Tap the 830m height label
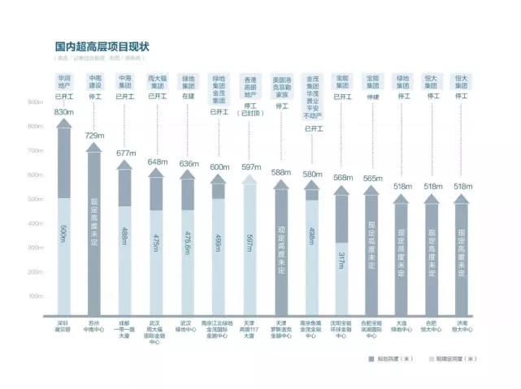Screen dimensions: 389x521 point(64,112)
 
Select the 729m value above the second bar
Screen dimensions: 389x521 point(94,136)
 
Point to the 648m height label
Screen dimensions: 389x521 point(156,162)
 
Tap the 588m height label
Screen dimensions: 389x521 point(281,172)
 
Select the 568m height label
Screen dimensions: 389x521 point(342,178)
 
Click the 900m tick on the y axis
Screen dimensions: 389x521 point(35,103)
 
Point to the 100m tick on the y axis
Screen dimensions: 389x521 point(35,296)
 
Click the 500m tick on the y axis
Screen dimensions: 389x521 point(35,200)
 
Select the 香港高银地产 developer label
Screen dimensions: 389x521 point(250,85)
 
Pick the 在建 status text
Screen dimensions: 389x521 point(189,96)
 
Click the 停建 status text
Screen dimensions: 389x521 point(372,96)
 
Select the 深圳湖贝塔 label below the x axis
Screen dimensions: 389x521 point(64,327)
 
